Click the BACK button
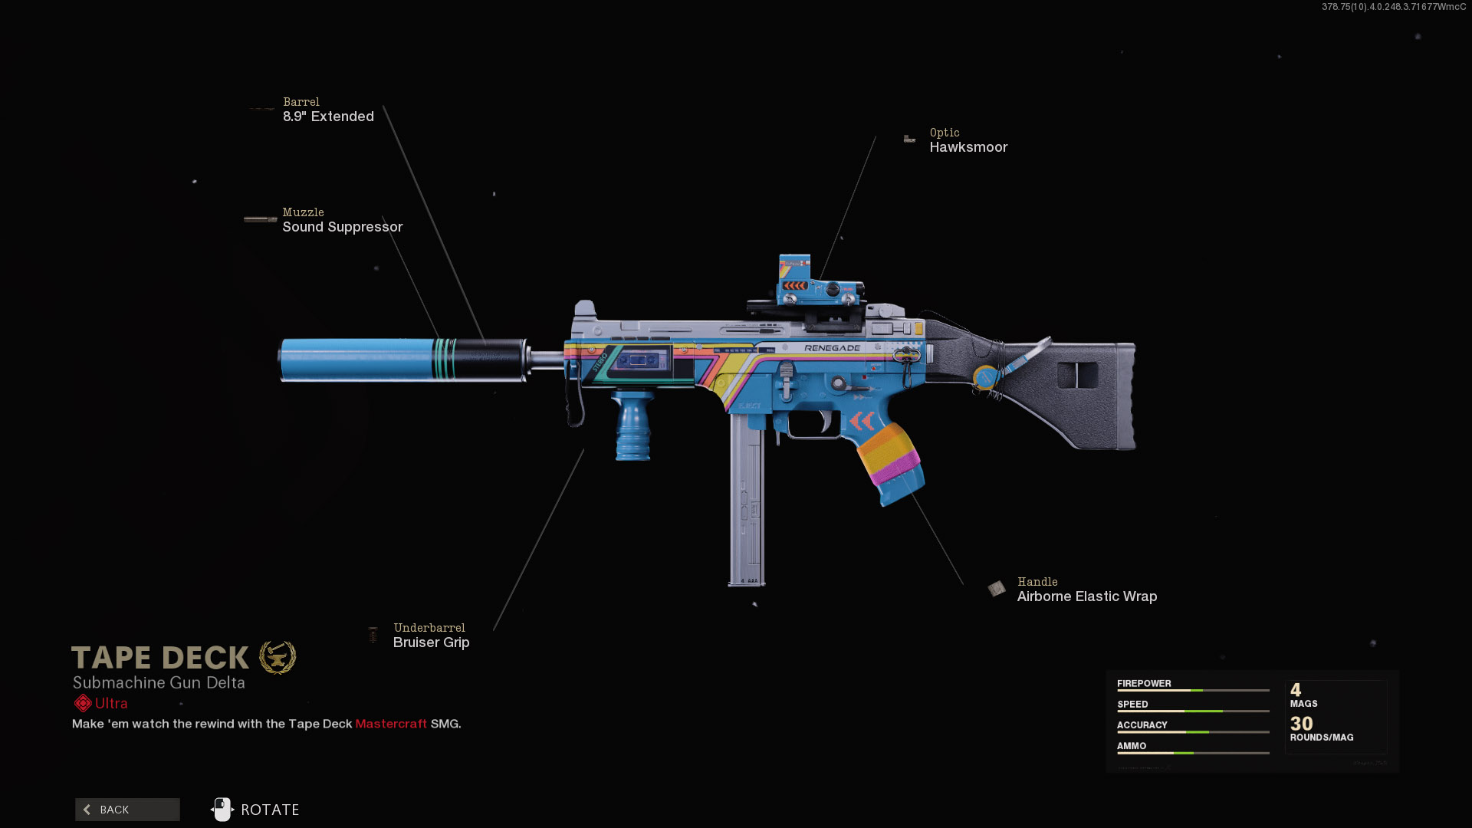[127, 810]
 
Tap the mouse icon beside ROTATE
[222, 810]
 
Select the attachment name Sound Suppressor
[342, 227]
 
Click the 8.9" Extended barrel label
[328, 117]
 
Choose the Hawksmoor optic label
[968, 147]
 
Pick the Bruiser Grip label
[431, 642]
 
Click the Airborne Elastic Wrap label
[1086, 596]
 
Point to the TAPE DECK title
[160, 658]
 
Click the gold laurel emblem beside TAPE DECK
[278, 657]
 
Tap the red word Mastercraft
[391, 724]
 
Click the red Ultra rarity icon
[83, 703]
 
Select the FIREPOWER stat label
[1144, 683]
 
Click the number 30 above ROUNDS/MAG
[1301, 724]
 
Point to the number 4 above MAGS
[1296, 690]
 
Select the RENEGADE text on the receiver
[832, 348]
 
